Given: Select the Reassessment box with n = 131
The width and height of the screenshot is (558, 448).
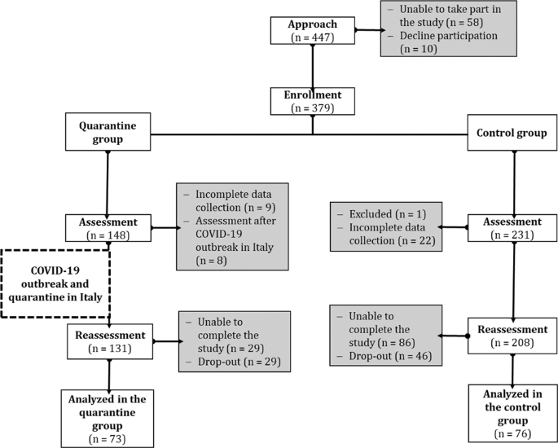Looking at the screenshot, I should [x=107, y=340].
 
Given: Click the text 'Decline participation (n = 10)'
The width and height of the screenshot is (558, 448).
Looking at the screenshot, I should [x=437, y=43].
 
